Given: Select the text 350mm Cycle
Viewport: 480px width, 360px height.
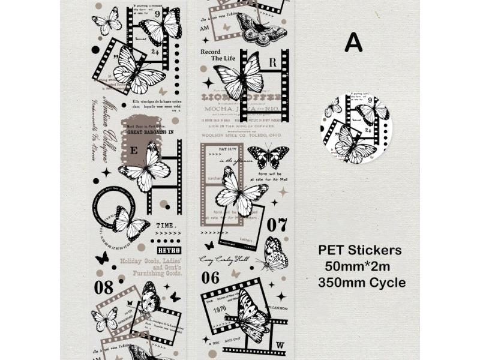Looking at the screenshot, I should pyautogui.click(x=362, y=282).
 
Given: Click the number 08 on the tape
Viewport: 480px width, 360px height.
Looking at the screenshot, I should pyautogui.click(x=103, y=287).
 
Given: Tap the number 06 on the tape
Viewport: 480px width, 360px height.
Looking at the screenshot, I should pyautogui.click(x=210, y=277).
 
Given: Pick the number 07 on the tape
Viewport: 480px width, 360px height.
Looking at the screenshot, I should pyautogui.click(x=277, y=225).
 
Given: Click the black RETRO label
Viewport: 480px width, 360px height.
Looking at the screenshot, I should pyautogui.click(x=169, y=250).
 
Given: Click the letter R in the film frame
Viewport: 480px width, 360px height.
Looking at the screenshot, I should pyautogui.click(x=272, y=62).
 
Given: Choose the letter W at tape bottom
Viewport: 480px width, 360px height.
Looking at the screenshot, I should pyautogui.click(x=280, y=344).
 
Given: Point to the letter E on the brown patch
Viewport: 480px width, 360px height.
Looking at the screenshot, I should pyautogui.click(x=133, y=152).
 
